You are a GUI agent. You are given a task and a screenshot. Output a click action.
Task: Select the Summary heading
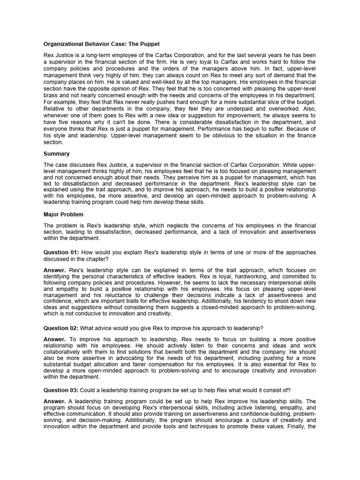point(56,154)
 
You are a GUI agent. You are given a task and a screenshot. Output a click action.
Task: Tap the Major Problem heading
point(63,214)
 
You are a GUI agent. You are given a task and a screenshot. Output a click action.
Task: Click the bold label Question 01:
point(61,252)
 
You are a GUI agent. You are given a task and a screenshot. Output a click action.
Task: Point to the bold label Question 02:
point(61,328)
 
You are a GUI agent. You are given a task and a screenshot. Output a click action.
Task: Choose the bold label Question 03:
point(61,390)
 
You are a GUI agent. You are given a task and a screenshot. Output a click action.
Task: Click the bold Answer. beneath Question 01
point(54,270)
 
